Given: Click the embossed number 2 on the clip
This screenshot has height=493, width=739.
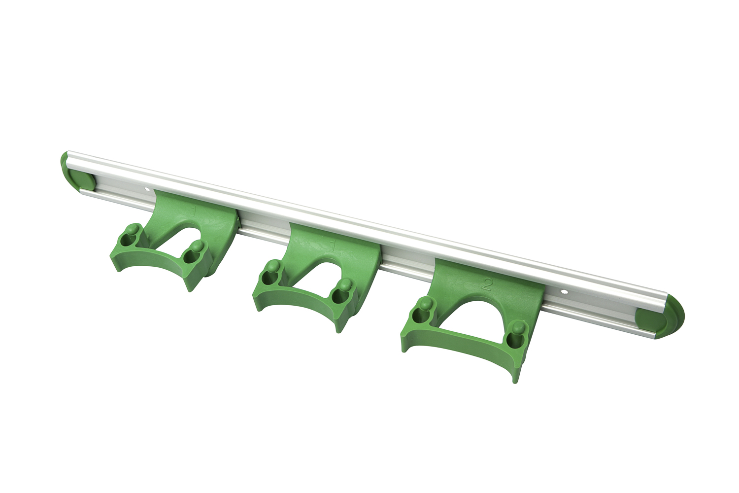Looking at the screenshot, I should [487, 284].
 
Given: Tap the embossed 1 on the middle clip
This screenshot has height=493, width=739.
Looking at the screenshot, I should [335, 244].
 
